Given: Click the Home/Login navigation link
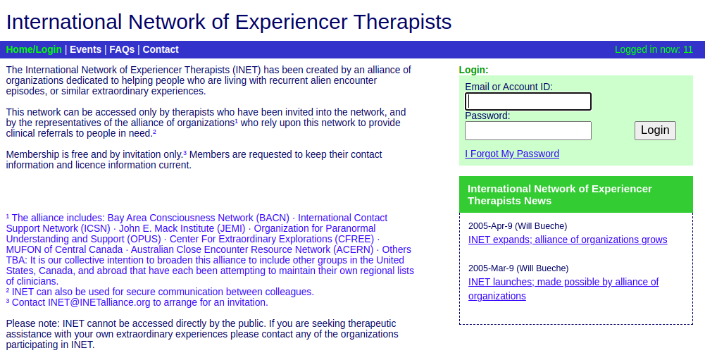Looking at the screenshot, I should tap(34, 49).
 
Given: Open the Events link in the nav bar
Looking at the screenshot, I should tap(85, 49).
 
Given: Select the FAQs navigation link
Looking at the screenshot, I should tap(122, 49).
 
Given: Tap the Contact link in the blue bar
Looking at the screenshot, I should tap(161, 49).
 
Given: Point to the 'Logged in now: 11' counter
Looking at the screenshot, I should tap(654, 49).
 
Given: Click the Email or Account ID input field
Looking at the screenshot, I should tap(528, 101).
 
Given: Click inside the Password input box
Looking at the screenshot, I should tap(528, 131).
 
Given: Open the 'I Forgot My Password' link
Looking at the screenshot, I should tap(512, 154).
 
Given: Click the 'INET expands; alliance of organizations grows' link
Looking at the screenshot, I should tap(568, 240).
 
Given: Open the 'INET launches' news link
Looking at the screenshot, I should tap(563, 282).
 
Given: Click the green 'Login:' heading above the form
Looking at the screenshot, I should tap(473, 70).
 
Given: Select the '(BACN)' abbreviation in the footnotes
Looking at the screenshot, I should tap(273, 218).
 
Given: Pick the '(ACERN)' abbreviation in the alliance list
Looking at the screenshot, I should tap(353, 249).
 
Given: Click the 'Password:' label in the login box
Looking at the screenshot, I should tap(487, 116).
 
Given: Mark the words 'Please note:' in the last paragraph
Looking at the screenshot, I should tap(32, 323).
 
